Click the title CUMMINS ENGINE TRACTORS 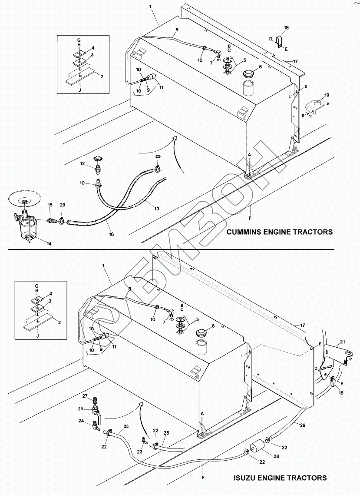coord(280,232)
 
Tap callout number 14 coord(49,244)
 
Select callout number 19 coord(327,94)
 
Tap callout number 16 coord(111,234)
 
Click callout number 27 coord(85,396)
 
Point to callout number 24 coord(81,420)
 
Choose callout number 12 coord(82,163)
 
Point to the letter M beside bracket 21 coord(350,360)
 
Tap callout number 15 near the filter coord(50,204)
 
